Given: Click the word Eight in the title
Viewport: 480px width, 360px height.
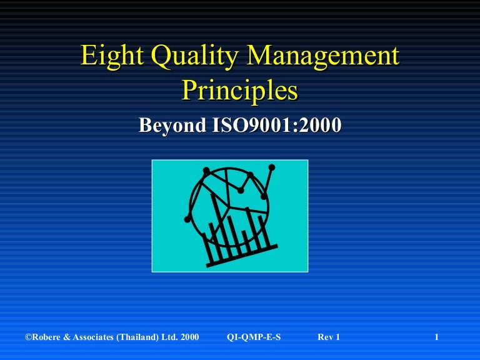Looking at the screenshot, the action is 112,56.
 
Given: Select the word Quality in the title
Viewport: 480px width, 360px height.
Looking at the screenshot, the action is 195,56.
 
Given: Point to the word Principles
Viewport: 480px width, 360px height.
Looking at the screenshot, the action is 240,91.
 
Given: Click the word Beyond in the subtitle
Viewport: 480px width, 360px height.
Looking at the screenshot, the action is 172,125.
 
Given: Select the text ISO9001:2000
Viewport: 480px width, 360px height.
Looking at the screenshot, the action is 277,125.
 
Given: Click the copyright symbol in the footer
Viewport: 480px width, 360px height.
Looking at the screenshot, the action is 29,337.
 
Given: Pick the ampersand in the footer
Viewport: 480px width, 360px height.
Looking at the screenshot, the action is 66,337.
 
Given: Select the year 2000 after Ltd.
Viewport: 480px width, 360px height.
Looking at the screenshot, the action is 190,337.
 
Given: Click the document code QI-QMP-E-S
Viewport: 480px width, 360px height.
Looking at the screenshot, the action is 254,337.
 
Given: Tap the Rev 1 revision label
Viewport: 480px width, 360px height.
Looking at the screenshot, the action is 329,337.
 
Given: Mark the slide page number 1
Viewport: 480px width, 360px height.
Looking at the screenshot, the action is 437,337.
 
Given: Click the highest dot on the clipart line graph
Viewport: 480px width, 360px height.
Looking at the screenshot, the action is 272,167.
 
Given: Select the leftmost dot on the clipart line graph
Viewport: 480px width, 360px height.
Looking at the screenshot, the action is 187,219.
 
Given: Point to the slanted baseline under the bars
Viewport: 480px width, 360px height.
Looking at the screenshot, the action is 242,256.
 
